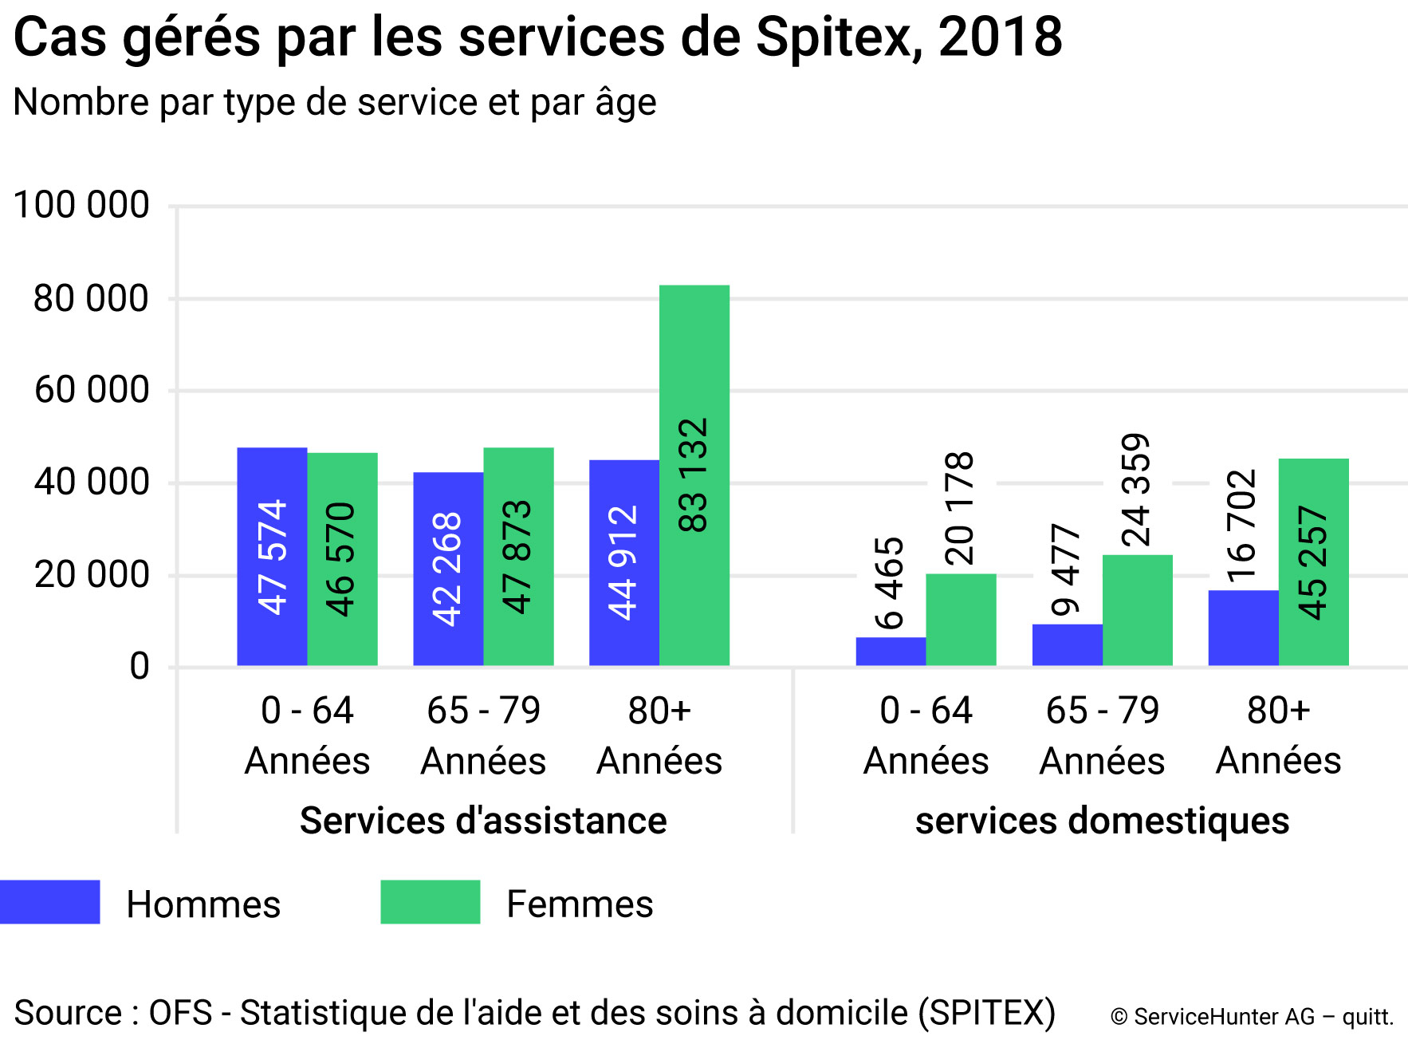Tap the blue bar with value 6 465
coord(891,651)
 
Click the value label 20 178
coord(959,509)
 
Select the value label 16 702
coord(1241,526)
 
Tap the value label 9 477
coord(1066,570)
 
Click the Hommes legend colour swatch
coord(50,902)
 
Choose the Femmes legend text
coord(580,904)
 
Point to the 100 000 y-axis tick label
coord(81,205)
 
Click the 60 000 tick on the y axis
coord(92,390)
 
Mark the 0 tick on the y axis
coord(140,666)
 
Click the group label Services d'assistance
coord(483,821)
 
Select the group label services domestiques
coord(1102,821)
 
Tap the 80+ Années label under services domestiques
coord(1278,735)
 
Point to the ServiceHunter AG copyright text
coord(1251,1017)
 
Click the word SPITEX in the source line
coord(986,1013)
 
